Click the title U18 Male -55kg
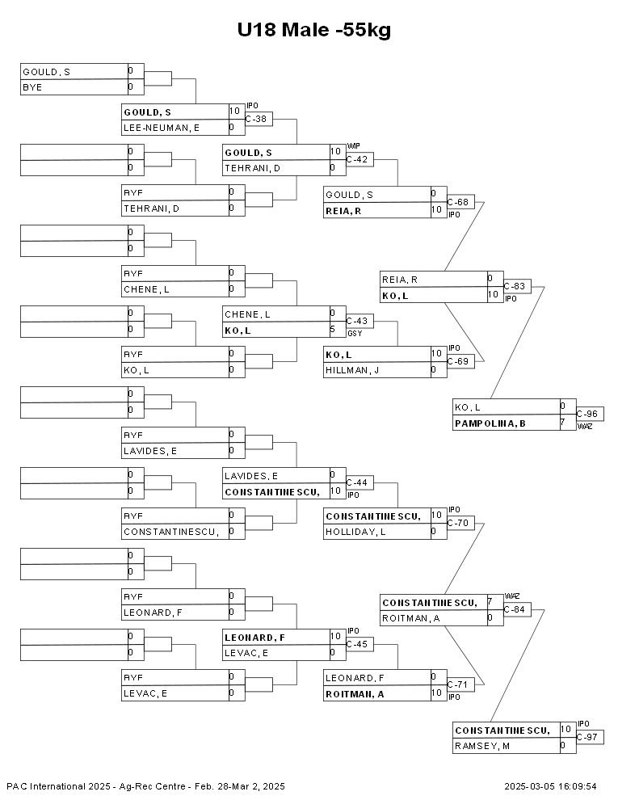[314, 30]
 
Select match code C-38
[256, 119]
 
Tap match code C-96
[586, 414]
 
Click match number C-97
[586, 737]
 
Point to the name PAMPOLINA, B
[490, 423]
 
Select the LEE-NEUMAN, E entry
[162, 128]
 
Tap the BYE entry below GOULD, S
[32, 88]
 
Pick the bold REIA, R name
[343, 211]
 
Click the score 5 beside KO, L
[333, 330]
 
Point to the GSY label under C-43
[355, 334]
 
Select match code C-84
[515, 609]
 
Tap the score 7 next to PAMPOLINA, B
[563, 423]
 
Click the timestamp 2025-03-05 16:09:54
[550, 786]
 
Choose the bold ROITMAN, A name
[355, 694]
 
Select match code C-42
[357, 159]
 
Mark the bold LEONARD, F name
[255, 638]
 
